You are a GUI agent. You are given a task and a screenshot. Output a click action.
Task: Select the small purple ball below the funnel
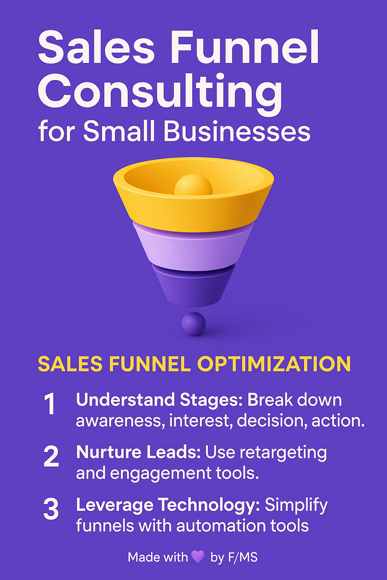(193, 323)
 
